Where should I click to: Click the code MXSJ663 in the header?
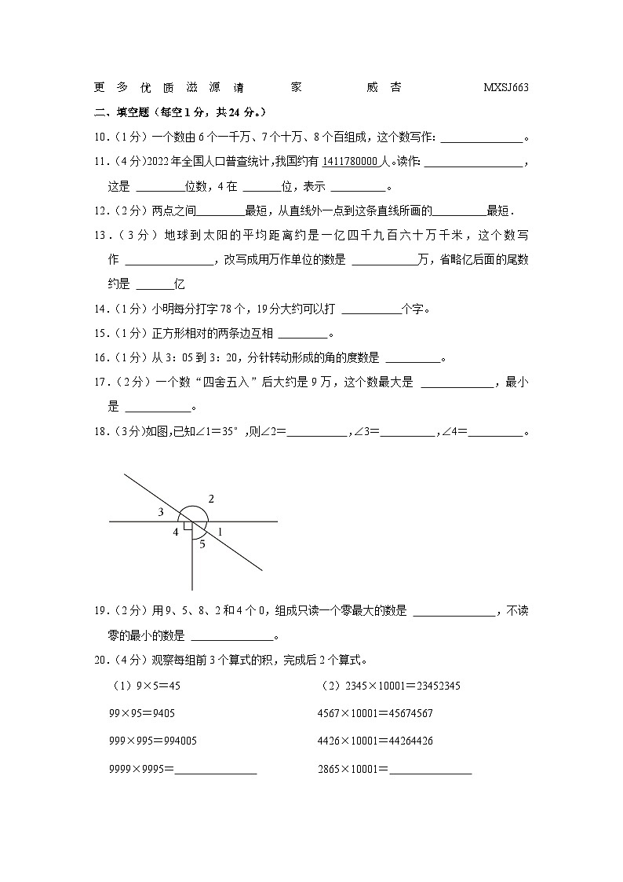[506, 88]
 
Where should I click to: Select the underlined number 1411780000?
[350, 162]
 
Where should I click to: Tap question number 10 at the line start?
[101, 137]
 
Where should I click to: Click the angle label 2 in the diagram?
[211, 499]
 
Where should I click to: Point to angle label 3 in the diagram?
[160, 512]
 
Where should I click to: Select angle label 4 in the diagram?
[176, 532]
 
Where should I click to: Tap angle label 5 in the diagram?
[202, 543]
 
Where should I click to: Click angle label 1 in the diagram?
[220, 532]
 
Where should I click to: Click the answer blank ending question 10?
[482, 137]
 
